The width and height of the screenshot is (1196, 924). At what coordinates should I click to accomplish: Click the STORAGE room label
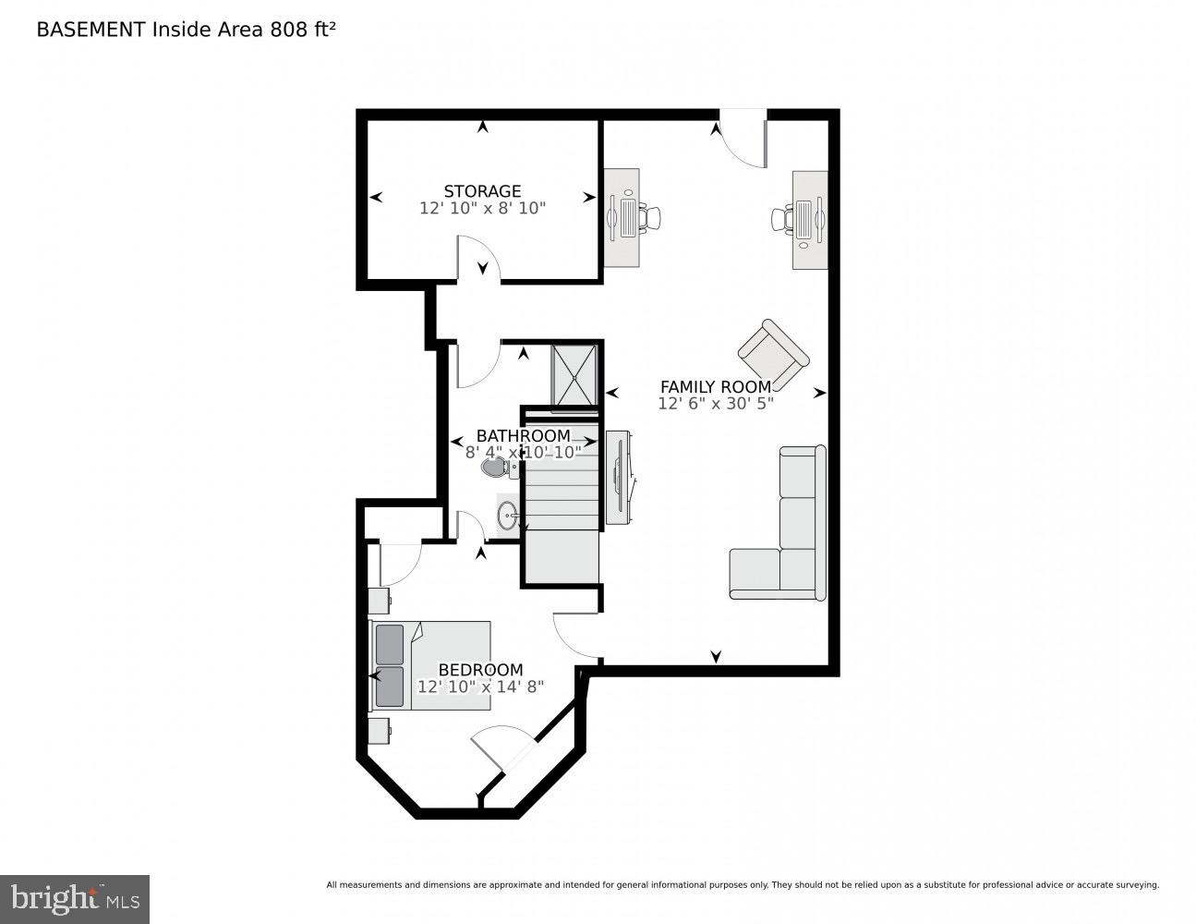coord(482,191)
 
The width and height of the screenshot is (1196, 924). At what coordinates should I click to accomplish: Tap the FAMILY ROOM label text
coord(715,386)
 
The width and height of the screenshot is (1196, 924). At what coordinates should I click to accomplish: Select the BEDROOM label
coord(480,670)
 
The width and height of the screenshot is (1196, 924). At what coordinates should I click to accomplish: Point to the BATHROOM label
coord(523,435)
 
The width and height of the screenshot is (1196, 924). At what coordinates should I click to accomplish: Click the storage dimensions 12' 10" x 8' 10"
coord(482,209)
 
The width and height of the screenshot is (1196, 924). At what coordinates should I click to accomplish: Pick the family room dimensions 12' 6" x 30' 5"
coord(715,404)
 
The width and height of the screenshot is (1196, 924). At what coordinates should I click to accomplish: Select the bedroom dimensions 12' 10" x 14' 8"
coord(480,687)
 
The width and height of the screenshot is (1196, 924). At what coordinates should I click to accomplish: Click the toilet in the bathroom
coord(495,468)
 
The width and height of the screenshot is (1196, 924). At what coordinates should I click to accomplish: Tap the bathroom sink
coord(507,516)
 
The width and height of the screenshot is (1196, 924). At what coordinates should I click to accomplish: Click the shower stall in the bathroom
coord(574,375)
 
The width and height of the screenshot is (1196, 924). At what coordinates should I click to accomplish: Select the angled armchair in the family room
coord(773,355)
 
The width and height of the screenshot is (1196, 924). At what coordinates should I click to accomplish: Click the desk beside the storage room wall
coord(622,218)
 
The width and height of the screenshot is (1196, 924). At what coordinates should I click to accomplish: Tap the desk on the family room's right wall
coord(809,220)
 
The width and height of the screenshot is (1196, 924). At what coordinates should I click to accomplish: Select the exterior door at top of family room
coord(743,139)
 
